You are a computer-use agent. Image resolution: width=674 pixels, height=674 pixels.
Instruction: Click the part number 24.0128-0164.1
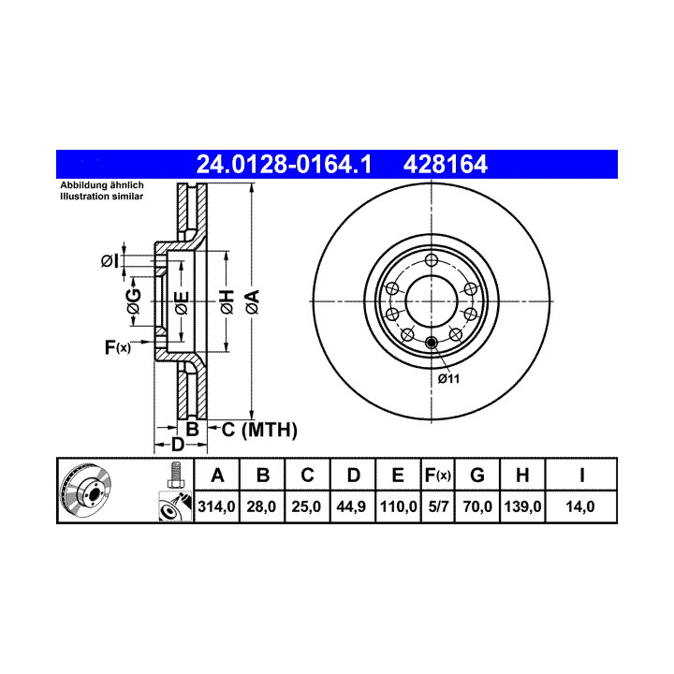(x=284, y=164)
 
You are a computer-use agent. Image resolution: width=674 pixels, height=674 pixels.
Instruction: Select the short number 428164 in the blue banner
(x=446, y=164)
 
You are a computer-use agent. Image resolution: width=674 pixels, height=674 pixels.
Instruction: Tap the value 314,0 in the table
(x=216, y=506)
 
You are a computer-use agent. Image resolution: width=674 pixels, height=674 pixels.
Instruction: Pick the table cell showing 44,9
(x=351, y=506)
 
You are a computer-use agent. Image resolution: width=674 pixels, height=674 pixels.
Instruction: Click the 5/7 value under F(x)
(x=438, y=506)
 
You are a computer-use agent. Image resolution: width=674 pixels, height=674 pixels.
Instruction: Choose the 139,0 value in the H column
(x=522, y=506)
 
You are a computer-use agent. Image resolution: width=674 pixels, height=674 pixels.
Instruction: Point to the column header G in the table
(x=477, y=476)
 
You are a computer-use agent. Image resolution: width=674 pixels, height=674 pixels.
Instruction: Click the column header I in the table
(x=581, y=476)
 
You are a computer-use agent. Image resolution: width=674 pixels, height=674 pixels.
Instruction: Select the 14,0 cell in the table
(x=580, y=506)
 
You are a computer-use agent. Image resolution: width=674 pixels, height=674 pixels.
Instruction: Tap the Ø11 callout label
(x=448, y=379)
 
